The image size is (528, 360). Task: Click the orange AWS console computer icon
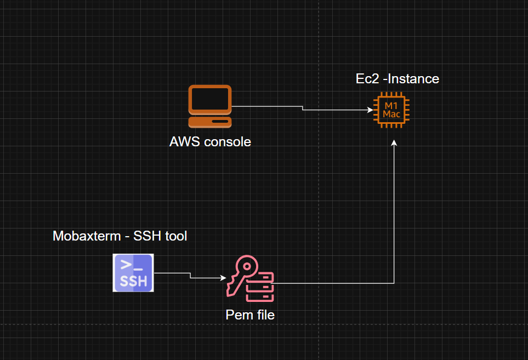(209, 107)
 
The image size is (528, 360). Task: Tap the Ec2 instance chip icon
(391, 110)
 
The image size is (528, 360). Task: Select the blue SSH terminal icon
(133, 273)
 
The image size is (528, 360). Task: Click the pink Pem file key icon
(250, 279)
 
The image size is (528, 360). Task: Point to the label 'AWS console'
(210, 142)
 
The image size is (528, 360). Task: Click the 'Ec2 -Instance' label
(398, 79)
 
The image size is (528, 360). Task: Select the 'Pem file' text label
(250, 315)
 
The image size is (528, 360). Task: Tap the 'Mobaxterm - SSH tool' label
(120, 236)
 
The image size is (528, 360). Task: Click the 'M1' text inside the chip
(391, 105)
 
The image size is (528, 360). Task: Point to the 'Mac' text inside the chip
(391, 114)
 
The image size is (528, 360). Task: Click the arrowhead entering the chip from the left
(370, 110)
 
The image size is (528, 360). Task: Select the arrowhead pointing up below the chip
(394, 143)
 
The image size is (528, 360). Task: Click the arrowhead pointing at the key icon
(223, 277)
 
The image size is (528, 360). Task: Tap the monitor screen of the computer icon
(209, 99)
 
